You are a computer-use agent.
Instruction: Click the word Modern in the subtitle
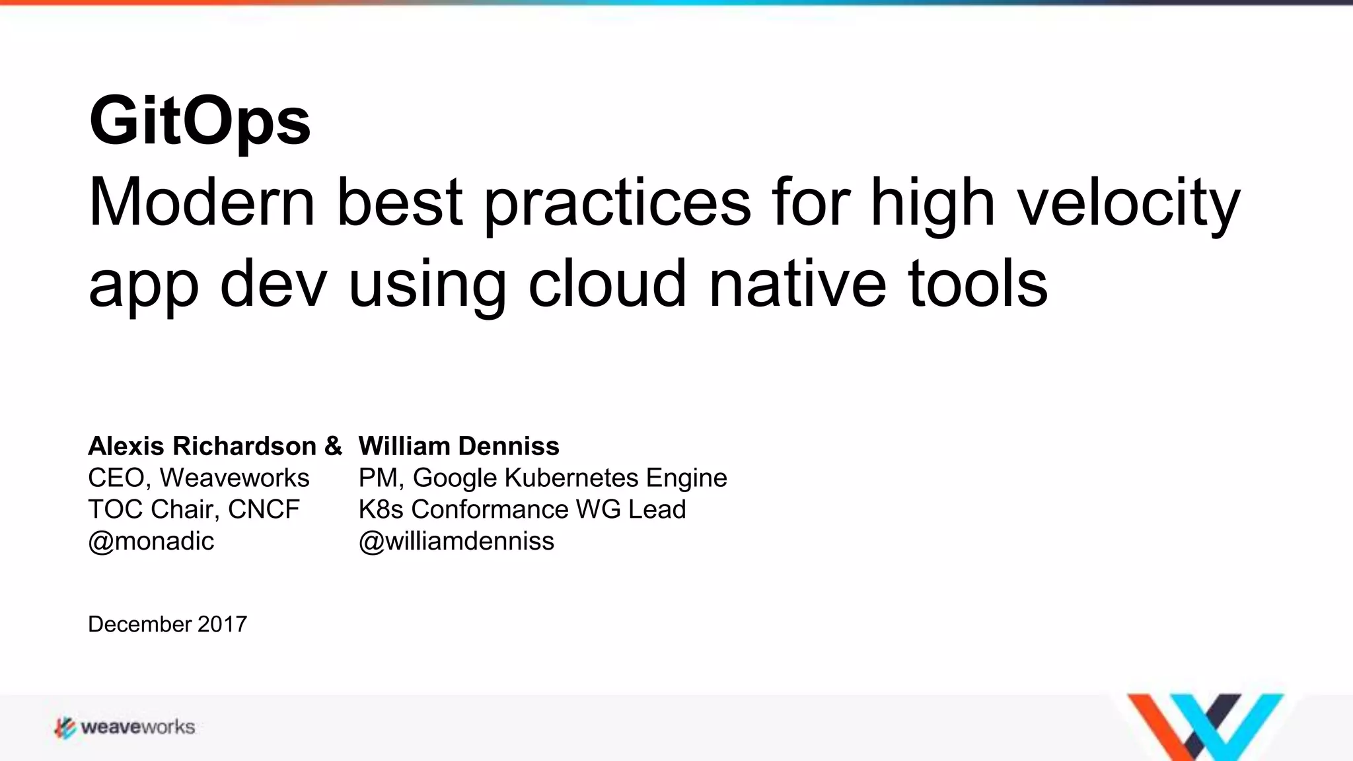pyautogui.click(x=201, y=203)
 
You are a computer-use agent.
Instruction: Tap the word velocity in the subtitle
pyautogui.click(x=1128, y=203)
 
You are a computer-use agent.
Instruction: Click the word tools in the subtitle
pyautogui.click(x=977, y=284)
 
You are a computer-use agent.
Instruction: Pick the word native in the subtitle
pyautogui.click(x=797, y=284)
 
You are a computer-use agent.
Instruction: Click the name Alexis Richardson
pyautogui.click(x=202, y=446)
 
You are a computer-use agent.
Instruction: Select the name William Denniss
pyautogui.click(x=458, y=446)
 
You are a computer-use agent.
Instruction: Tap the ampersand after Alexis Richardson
pyautogui.click(x=333, y=446)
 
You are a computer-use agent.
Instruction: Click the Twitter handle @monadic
pyautogui.click(x=151, y=541)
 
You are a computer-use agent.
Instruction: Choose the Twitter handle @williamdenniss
pyautogui.click(x=456, y=541)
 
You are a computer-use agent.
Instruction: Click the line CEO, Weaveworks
pyautogui.click(x=198, y=478)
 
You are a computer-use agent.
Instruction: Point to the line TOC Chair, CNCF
pyautogui.click(x=194, y=509)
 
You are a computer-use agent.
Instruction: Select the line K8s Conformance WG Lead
pyautogui.click(x=522, y=509)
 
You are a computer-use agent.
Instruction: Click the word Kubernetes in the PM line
pyautogui.click(x=571, y=478)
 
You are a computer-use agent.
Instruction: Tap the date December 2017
pyautogui.click(x=167, y=624)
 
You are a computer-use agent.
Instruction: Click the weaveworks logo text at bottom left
pyautogui.click(x=137, y=727)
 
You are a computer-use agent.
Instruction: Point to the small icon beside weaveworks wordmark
pyautogui.click(x=65, y=727)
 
